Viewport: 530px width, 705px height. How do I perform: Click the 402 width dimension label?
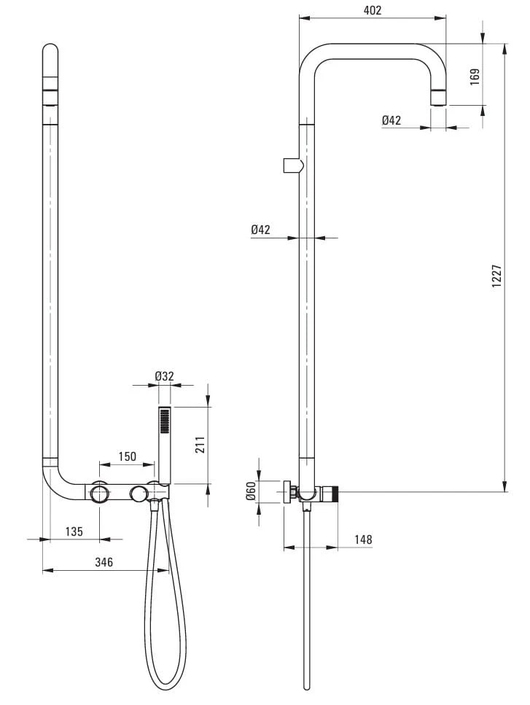[373, 10]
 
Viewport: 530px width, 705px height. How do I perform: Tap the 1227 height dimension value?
[496, 276]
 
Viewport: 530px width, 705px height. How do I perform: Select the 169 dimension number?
[475, 77]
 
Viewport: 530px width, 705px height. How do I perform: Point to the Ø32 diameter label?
[164, 376]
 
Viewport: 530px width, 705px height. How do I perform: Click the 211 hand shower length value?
[200, 445]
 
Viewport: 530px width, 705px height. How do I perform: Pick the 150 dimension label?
[127, 456]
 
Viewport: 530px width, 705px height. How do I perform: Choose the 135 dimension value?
[74, 531]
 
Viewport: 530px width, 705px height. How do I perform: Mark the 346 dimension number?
[104, 561]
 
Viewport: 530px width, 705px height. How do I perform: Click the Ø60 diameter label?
[251, 491]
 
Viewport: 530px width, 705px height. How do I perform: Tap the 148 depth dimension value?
[363, 539]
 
